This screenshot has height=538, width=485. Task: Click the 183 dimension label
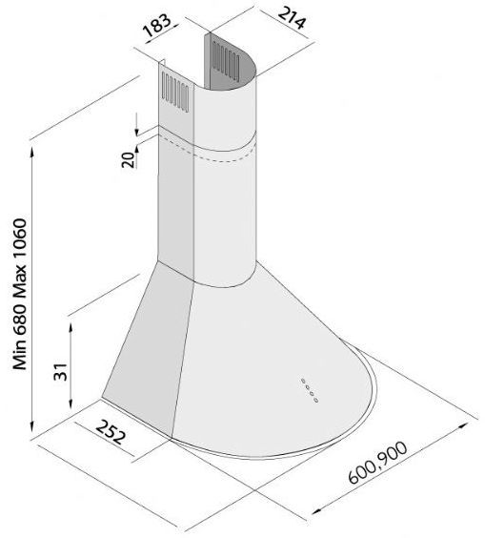coord(156,26)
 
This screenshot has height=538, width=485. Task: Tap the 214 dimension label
coord(291,17)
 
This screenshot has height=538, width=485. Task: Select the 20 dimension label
coord(129,159)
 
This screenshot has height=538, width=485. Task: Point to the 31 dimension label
coord(61,372)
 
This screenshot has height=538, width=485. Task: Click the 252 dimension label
coord(111,432)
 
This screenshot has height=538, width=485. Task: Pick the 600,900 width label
coord(377,463)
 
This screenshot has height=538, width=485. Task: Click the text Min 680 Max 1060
coord(20,294)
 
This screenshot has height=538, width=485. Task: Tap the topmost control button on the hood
coord(303,381)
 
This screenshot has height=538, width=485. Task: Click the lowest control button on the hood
coord(316,400)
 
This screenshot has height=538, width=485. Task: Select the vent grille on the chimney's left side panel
coord(175,92)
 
